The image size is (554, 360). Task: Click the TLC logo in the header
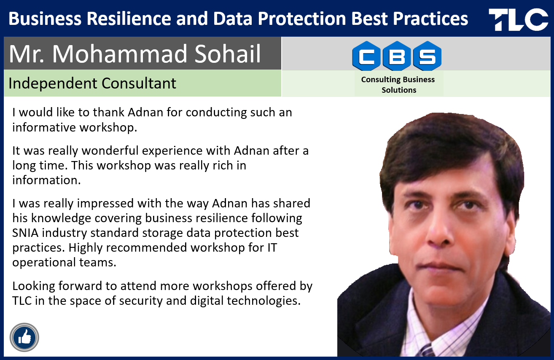click(519, 19)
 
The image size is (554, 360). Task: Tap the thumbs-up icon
click(24, 337)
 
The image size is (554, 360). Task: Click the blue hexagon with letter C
click(366, 56)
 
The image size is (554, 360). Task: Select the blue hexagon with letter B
click(397, 56)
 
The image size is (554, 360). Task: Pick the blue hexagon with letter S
click(427, 56)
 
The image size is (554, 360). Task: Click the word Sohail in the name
click(228, 54)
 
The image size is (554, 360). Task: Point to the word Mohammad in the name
click(120, 54)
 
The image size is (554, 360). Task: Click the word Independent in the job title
click(52, 83)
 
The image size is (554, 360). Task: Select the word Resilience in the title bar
click(129, 19)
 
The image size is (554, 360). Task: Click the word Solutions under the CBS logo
click(399, 90)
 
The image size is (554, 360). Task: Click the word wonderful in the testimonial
click(110, 150)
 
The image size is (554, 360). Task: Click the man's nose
click(439, 232)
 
